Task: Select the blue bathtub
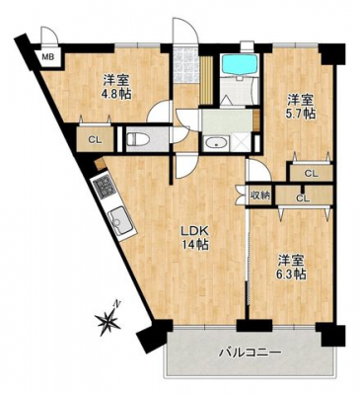tap(239, 64)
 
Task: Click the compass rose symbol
tap(108, 319)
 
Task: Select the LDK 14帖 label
tap(194, 237)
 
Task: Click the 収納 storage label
tap(260, 196)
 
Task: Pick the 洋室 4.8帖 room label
tap(116, 87)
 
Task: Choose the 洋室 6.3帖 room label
tap(292, 267)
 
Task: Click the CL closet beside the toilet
tap(96, 139)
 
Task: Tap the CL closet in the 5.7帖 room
tap(311, 173)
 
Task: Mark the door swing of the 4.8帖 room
tap(159, 112)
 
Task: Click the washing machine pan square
tap(241, 143)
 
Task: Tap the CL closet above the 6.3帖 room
tap(303, 197)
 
